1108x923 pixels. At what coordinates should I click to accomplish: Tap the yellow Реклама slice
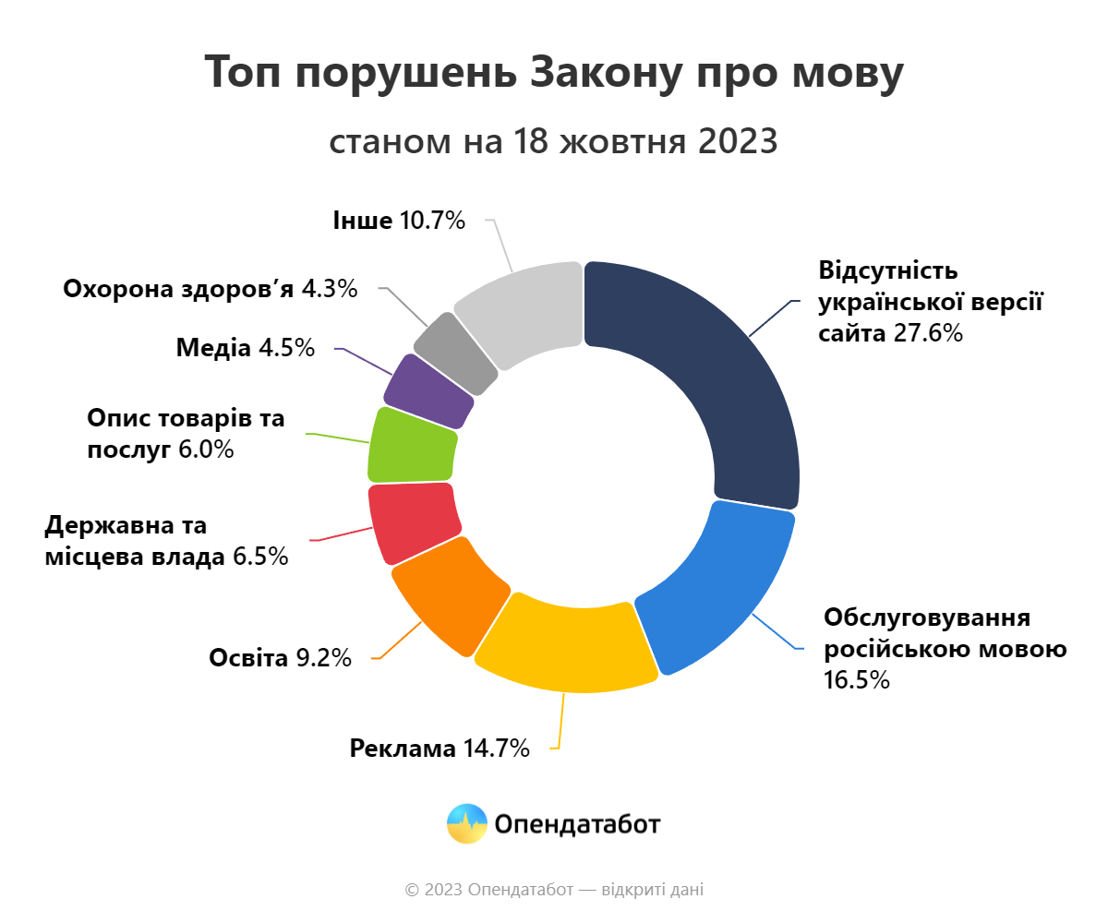pos(565,646)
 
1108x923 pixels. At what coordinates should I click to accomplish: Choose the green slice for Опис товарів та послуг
pos(412,445)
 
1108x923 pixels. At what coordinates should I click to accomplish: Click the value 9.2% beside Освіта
pos(323,658)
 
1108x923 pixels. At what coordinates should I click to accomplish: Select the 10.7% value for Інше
pos(432,221)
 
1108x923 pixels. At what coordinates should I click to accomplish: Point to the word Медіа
pos(213,348)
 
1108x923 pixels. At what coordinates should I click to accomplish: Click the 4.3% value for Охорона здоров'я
pos(330,289)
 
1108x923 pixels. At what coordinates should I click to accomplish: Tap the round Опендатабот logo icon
pos(466,823)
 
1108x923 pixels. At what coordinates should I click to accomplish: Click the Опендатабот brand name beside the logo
pos(577,823)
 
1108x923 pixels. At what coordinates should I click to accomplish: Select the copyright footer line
pos(554,890)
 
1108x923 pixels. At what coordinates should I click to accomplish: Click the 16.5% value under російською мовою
pos(857,681)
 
